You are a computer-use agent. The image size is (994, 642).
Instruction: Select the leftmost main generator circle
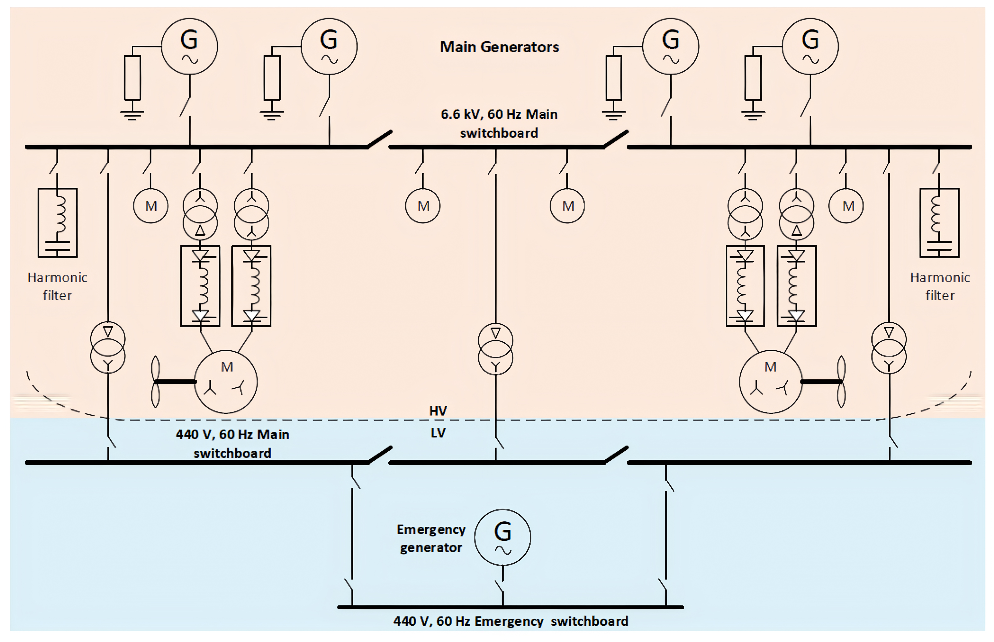pyautogui.click(x=190, y=46)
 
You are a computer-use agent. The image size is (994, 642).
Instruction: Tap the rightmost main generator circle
pyautogui.click(x=810, y=46)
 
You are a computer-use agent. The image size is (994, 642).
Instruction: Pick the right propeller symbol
pyautogui.click(x=841, y=381)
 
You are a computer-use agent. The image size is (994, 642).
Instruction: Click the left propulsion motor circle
pyautogui.click(x=226, y=381)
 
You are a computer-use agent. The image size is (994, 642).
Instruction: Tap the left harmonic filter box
pyautogui.click(x=57, y=223)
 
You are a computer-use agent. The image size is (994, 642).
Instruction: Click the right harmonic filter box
pyautogui.click(x=939, y=223)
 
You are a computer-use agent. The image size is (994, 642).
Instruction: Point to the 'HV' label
pyautogui.click(x=438, y=411)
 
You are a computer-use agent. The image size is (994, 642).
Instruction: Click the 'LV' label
pyautogui.click(x=438, y=433)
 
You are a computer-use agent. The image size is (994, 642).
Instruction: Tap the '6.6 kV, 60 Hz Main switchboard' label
pyautogui.click(x=499, y=123)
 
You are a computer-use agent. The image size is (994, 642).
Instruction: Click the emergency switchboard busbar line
pyautogui.click(x=510, y=607)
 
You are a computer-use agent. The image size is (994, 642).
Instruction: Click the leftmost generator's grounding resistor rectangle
pyautogui.click(x=133, y=78)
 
